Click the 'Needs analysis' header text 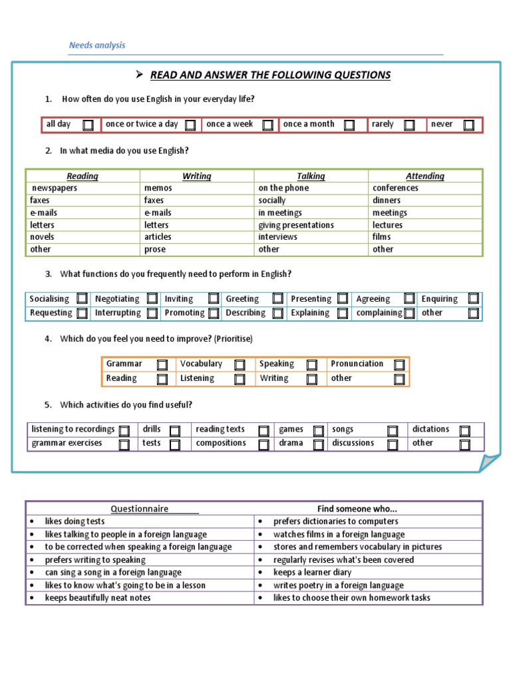(97, 45)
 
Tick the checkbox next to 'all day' (88, 125)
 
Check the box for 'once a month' (349, 125)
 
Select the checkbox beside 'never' (469, 125)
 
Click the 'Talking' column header (311, 176)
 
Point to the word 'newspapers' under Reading (55, 188)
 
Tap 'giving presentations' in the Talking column (296, 225)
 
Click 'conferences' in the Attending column (395, 188)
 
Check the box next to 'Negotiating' (152, 298)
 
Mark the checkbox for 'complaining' (409, 313)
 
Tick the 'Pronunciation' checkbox (399, 364)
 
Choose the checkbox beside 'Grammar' (162, 364)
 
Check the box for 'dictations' (464, 431)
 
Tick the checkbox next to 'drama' (319, 444)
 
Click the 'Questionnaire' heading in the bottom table (139, 509)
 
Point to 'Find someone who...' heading (357, 509)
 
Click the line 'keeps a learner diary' (312, 572)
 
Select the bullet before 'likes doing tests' (31, 521)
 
